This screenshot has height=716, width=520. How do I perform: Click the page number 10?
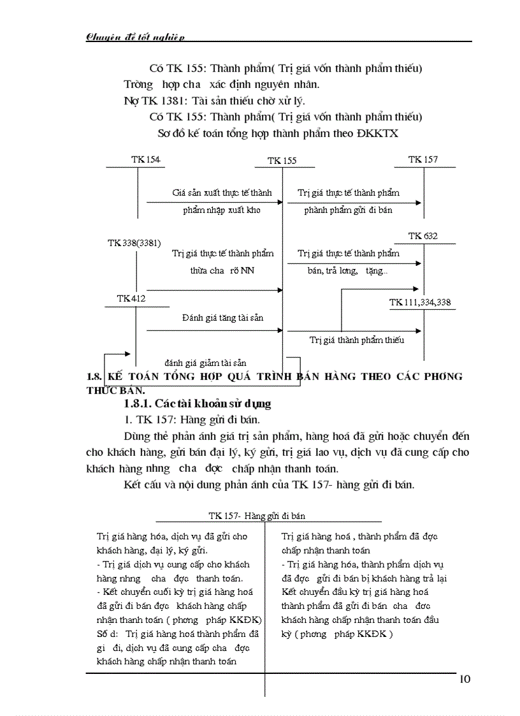(464, 679)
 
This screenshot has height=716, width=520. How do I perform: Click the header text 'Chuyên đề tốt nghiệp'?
(136, 37)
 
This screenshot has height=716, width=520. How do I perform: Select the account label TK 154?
(146, 159)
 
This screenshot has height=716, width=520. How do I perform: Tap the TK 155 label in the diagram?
(282, 161)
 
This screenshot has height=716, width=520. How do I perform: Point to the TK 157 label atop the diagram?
(423, 159)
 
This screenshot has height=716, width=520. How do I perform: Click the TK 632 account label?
(423, 237)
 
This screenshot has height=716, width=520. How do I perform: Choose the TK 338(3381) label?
(134, 243)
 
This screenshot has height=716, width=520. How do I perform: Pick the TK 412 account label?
(131, 298)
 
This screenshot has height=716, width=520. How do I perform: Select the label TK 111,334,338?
(420, 302)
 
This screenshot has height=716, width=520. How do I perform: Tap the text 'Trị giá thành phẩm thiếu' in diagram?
(357, 340)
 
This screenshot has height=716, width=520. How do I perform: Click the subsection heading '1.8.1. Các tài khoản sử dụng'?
(198, 404)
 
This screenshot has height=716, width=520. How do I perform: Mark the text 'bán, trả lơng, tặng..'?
(347, 270)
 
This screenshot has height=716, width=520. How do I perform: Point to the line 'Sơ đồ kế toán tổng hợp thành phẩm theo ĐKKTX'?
(277, 134)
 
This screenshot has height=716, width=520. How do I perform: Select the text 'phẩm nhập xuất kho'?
(222, 210)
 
